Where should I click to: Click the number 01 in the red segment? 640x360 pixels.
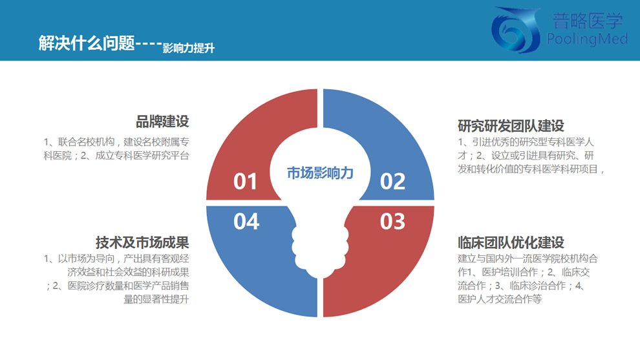click(x=245, y=182)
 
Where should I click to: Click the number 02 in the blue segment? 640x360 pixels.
click(x=392, y=182)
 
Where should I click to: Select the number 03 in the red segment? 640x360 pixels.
click(x=392, y=222)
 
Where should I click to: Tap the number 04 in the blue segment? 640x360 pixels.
click(x=246, y=222)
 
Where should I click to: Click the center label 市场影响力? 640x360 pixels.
click(x=320, y=173)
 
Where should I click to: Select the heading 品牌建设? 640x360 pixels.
click(x=162, y=122)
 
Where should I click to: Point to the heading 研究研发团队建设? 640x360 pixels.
click(x=511, y=126)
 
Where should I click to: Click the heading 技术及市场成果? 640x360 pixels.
click(x=142, y=242)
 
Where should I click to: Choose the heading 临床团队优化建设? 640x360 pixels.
click(x=511, y=242)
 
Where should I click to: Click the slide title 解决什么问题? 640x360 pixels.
click(x=87, y=43)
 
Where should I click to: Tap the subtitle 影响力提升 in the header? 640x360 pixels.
click(x=189, y=48)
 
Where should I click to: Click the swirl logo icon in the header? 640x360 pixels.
click(x=516, y=30)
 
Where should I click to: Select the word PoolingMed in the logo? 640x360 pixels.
click(x=587, y=39)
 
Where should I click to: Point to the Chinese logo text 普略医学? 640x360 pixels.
click(x=588, y=21)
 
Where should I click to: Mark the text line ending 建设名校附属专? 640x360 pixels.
click(x=116, y=142)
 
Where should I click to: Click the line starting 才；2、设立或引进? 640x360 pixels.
click(x=526, y=156)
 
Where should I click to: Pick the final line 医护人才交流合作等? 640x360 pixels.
click(x=500, y=299)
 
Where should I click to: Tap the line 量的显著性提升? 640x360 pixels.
click(x=156, y=299)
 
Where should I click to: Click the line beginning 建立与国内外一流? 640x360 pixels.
click(x=528, y=259)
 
